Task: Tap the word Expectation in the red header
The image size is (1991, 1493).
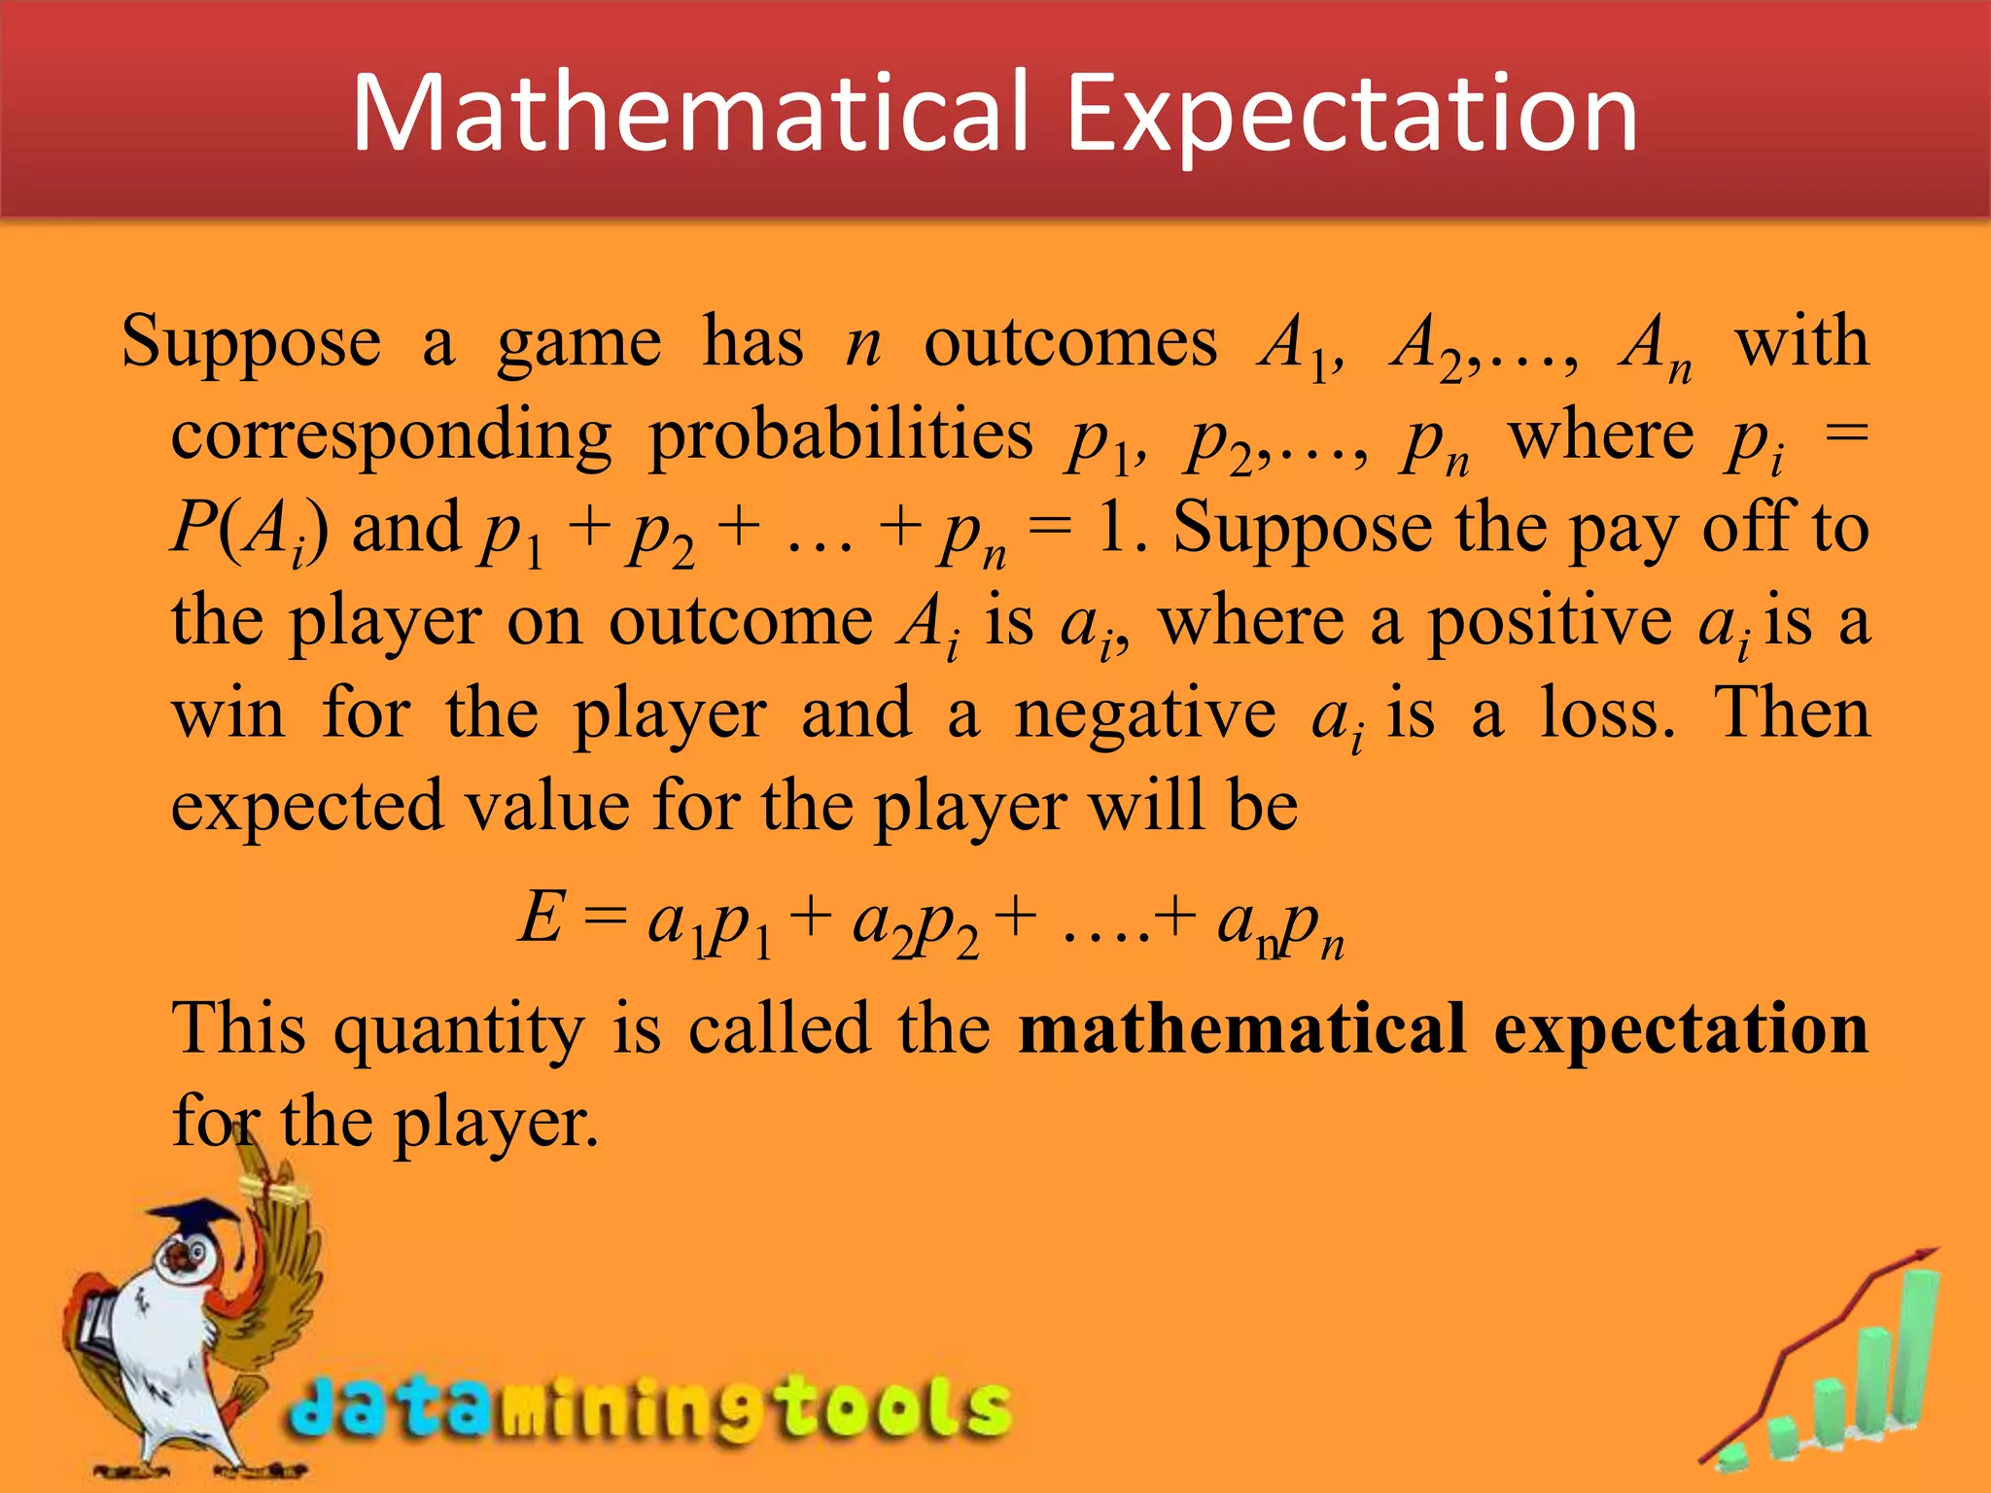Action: (1352, 115)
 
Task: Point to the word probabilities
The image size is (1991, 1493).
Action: (841, 434)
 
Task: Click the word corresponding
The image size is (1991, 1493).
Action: (391, 436)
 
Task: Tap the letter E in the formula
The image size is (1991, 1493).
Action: (541, 918)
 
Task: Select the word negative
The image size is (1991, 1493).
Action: (1144, 714)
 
